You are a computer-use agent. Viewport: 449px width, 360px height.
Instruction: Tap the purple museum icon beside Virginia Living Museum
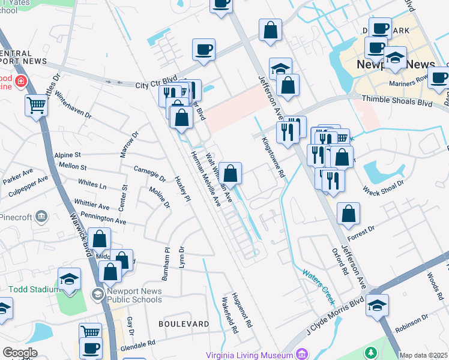coord(303,355)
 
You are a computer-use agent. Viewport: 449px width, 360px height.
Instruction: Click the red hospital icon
coord(21,80)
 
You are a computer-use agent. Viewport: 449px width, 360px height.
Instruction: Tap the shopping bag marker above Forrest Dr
coord(348,214)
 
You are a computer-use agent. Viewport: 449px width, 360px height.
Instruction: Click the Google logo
coord(20,353)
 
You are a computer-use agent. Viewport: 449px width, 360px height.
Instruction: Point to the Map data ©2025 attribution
coord(423,355)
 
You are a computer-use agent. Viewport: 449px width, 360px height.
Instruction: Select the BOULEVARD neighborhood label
coord(183,323)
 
